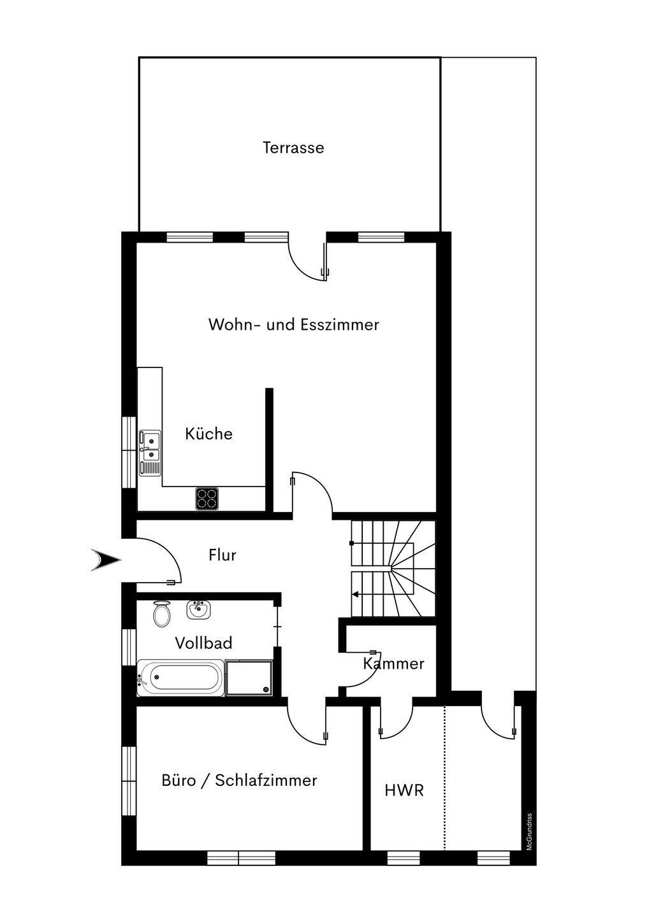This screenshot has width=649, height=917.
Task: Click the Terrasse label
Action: pos(293,148)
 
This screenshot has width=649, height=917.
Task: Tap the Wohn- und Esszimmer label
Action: pos(294,325)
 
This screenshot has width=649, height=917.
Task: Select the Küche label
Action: pos(208,434)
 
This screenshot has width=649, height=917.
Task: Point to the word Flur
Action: pos(222,555)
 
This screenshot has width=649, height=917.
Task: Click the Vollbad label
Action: pos(203,643)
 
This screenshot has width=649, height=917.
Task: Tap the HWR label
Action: pos(404,790)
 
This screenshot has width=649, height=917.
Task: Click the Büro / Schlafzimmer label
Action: pos(239,780)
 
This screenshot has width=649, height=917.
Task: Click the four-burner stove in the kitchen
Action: pos(207,499)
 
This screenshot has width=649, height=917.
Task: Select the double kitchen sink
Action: pos(150,452)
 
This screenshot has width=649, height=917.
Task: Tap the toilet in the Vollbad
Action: pos(162,614)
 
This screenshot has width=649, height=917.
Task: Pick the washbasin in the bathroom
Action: pos(199,610)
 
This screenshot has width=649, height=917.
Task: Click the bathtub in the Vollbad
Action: pos(180,678)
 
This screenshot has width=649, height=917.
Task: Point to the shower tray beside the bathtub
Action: pos(249,678)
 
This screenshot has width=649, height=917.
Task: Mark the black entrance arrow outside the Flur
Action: pos(106,560)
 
